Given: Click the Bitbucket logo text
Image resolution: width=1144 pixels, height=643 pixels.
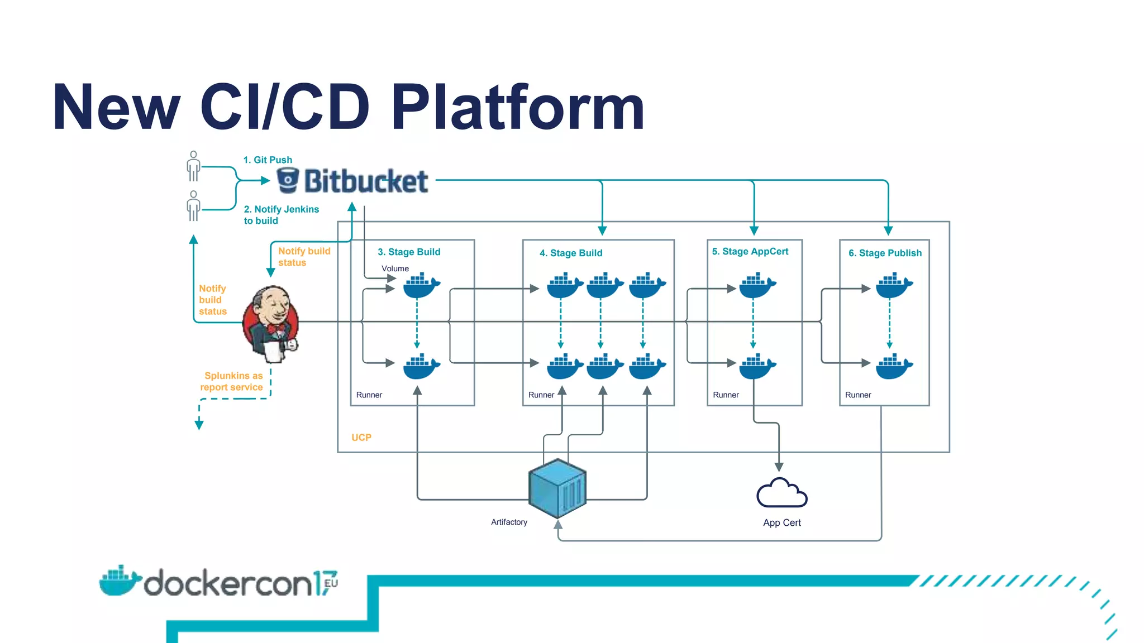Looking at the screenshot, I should pyautogui.click(x=366, y=181).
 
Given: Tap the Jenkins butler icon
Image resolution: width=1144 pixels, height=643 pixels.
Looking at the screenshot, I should pyautogui.click(x=271, y=324).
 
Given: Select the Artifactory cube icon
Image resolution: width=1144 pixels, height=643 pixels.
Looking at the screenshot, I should pyautogui.click(x=557, y=488).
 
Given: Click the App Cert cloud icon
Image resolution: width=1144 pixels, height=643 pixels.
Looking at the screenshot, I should pyautogui.click(x=781, y=493).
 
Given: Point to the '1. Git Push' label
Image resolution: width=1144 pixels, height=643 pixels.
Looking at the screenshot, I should pyautogui.click(x=268, y=160).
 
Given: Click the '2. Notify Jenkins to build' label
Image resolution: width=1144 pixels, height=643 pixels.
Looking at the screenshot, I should pyautogui.click(x=281, y=215).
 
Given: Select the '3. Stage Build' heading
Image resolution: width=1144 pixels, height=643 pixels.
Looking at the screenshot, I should pyautogui.click(x=409, y=252).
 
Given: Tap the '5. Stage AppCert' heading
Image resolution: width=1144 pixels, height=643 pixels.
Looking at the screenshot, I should pyautogui.click(x=750, y=252).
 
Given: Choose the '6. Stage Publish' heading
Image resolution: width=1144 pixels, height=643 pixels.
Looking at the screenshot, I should pyautogui.click(x=885, y=253).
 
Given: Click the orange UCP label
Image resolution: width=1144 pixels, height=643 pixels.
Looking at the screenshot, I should pyautogui.click(x=361, y=438).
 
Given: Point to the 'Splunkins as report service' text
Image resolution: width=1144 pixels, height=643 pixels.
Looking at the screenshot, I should pyautogui.click(x=232, y=382).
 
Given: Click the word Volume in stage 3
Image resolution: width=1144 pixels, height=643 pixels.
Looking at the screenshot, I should pyautogui.click(x=395, y=268).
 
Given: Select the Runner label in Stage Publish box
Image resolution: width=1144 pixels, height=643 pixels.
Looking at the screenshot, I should pyautogui.click(x=857, y=395).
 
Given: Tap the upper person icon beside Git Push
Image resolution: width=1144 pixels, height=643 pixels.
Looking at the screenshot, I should pyautogui.click(x=193, y=166).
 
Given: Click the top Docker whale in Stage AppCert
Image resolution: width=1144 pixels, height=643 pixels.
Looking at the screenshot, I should pyautogui.click(x=756, y=286).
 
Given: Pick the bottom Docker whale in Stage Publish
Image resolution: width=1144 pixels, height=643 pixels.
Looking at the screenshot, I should pyautogui.click(x=893, y=367).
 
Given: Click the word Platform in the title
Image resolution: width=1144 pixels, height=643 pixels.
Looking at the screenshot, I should pyautogui.click(x=518, y=107).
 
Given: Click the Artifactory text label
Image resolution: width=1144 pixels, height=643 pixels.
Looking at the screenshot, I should pyautogui.click(x=509, y=522).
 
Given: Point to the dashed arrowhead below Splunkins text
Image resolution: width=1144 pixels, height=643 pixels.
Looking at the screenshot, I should pyautogui.click(x=199, y=425).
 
